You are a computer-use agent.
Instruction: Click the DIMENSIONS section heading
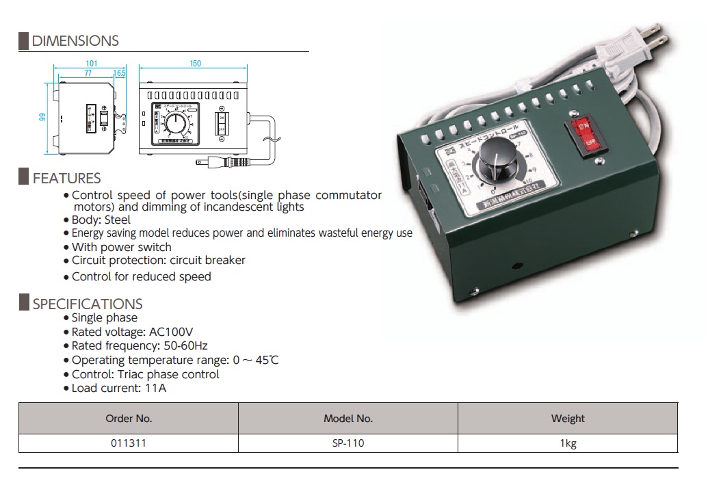coord(75,41)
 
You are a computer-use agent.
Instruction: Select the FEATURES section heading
coord(66,179)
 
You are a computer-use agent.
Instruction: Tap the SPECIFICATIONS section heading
coord(88,304)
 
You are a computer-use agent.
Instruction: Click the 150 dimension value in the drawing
coord(195,64)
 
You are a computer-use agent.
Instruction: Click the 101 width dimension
coord(92,63)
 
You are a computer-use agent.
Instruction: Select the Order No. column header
coord(129,418)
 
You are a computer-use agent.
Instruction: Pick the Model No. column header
coord(348,418)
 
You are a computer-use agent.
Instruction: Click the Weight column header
coord(568,418)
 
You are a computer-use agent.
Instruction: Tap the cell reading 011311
coord(129,443)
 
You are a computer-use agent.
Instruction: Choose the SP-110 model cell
coord(348,443)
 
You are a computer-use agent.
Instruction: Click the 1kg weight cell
coord(568,443)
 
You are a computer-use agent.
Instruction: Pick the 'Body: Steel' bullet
coord(101,220)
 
